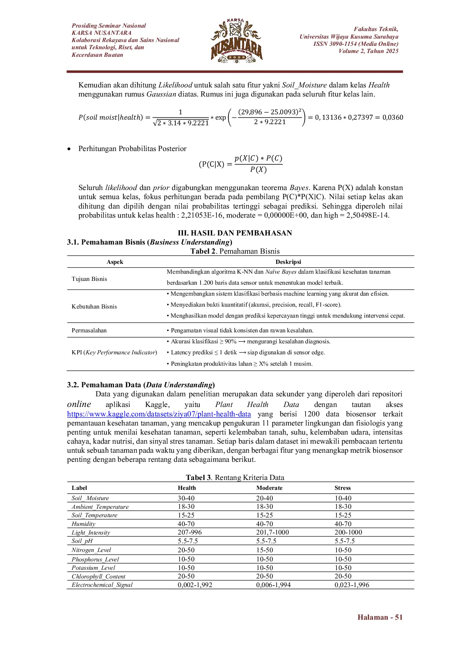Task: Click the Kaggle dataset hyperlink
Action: click(x=159, y=414)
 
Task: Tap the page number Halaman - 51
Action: click(x=380, y=617)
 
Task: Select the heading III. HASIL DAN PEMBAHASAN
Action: click(x=235, y=233)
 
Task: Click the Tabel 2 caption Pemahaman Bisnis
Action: click(x=235, y=251)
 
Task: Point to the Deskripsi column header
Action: click(x=288, y=262)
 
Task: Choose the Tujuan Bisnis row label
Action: click(x=89, y=279)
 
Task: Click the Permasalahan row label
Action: click(x=89, y=330)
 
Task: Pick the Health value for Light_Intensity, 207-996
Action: click(x=190, y=532)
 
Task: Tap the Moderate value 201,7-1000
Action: click(x=272, y=532)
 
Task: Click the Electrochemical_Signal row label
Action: click(x=102, y=585)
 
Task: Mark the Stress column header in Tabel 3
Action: click(x=342, y=488)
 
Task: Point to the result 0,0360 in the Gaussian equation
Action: click(x=393, y=117)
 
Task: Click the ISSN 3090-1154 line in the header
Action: click(x=356, y=44)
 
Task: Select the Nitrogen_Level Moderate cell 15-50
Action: click(x=264, y=550)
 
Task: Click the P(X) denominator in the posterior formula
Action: click(x=258, y=170)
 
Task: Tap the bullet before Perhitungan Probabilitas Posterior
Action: click(x=69, y=149)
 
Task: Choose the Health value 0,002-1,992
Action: click(x=195, y=585)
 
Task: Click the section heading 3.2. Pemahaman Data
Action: click(x=141, y=385)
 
